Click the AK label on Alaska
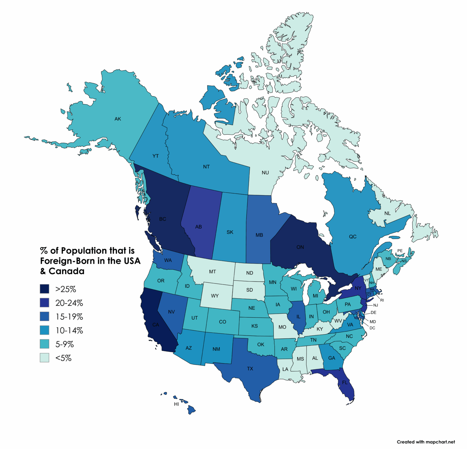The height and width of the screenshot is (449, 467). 118,119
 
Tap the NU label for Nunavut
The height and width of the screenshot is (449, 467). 265,172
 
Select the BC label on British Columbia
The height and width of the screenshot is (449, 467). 163,219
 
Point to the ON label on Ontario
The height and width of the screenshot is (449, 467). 300,247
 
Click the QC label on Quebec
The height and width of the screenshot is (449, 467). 353,237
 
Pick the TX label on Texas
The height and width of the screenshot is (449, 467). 250,369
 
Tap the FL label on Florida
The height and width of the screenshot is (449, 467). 345,382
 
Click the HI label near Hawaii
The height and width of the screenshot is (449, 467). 176,404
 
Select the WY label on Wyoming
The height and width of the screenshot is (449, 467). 215,296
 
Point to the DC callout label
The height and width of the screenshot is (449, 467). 372,328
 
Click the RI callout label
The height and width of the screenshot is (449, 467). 382,300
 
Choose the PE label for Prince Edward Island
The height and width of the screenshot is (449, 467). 400,251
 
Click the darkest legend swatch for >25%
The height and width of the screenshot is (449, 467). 44,289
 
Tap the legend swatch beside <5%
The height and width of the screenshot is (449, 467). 44,358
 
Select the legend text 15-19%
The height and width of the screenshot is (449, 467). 69,317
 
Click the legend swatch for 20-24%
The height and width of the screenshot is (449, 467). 44,303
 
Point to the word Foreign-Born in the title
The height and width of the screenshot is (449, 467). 67,261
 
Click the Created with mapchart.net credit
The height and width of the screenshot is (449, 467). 426,442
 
